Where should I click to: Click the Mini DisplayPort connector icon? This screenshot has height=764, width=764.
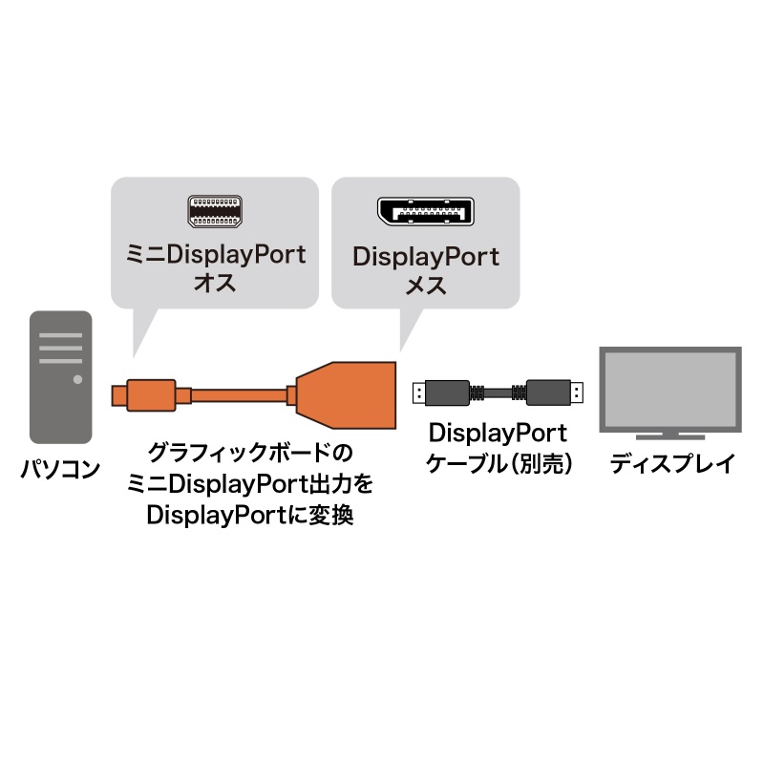[x=215, y=211]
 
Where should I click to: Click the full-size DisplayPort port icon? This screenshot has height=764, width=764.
[x=426, y=211]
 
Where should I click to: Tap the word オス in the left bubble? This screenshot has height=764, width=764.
[x=215, y=283]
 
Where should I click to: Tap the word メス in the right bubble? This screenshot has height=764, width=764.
[x=426, y=285]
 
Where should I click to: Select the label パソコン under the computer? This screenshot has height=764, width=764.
[x=60, y=469]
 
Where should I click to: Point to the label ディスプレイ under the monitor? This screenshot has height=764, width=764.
[x=672, y=463]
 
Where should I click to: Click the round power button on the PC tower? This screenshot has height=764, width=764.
[x=77, y=379]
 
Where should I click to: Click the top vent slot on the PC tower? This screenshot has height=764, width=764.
[x=60, y=335]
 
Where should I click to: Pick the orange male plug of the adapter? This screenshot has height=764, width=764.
[x=144, y=395]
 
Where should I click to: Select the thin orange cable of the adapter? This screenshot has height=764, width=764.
[x=238, y=395]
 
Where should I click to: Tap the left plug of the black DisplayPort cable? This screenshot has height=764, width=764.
[x=441, y=393]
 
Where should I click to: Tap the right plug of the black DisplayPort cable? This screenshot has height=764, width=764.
[x=555, y=393]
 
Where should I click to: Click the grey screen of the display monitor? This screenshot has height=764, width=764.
[x=670, y=389]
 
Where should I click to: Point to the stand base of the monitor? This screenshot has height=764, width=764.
[x=670, y=437]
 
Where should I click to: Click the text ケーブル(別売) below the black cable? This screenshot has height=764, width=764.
[x=499, y=463]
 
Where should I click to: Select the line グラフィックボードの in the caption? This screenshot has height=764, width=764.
[x=250, y=453]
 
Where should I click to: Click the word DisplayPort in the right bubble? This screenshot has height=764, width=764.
[x=426, y=257]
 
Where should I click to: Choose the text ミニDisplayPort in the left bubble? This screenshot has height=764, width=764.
[x=216, y=254]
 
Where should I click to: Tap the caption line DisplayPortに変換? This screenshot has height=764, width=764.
[x=250, y=515]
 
